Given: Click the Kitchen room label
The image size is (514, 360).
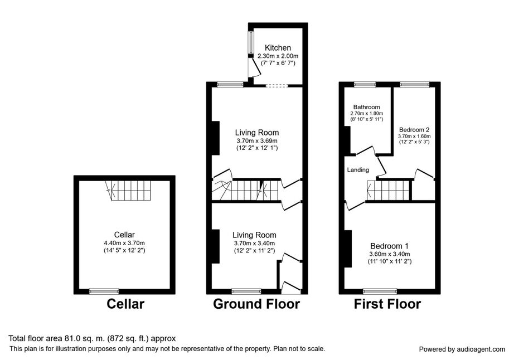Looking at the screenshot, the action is (x=278, y=48).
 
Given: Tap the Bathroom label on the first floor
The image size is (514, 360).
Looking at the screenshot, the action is (x=366, y=107).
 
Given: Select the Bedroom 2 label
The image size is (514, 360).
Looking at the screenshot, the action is (x=414, y=130).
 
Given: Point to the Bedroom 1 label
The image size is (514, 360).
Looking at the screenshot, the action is (x=390, y=246).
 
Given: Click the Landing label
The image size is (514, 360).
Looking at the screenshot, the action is (x=358, y=170).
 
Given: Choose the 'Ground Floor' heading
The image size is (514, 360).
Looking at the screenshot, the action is (x=256, y=304).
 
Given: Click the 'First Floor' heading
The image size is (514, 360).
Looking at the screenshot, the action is (x=387, y=304).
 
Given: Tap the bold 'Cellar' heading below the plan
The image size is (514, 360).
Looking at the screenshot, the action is (x=125, y=304).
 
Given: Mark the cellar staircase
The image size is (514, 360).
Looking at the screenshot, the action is (x=128, y=191).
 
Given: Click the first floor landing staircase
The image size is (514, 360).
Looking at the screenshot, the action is (x=389, y=190).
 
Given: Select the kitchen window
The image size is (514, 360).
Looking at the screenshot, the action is (x=250, y=42).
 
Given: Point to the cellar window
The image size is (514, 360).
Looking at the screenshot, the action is (x=104, y=291).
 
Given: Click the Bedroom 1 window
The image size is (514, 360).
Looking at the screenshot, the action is (x=380, y=291).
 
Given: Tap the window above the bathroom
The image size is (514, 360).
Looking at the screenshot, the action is (x=365, y=85).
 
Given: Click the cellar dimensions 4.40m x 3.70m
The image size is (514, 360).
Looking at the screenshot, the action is (x=124, y=243).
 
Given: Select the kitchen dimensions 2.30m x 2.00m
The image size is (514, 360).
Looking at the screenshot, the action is (x=278, y=56).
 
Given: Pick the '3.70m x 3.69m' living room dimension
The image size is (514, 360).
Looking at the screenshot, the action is (x=257, y=141).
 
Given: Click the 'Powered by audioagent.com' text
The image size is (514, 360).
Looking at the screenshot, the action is (x=462, y=349).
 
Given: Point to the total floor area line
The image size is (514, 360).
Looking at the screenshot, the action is (x=92, y=338).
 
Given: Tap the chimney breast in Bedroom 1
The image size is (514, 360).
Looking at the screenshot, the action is (x=348, y=249).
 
